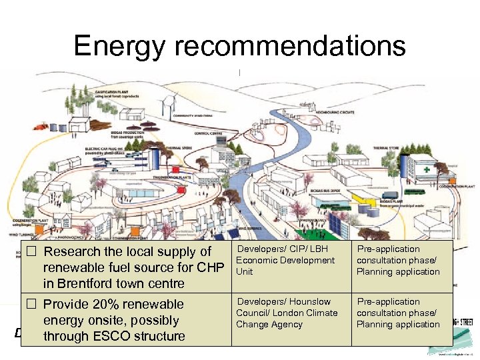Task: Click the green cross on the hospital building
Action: pos(436,169)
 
